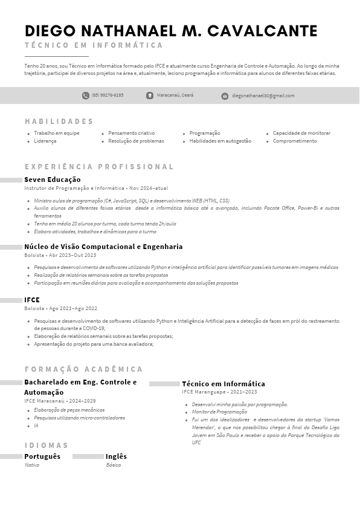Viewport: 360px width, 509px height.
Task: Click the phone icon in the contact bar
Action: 85,96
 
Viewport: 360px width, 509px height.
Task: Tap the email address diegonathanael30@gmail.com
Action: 263,96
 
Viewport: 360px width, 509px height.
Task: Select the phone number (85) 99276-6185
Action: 108,96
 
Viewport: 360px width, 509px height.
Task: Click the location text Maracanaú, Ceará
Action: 175,96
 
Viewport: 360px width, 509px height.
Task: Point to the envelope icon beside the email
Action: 225,96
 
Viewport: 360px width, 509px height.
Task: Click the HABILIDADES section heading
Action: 59,122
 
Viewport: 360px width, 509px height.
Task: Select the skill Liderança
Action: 45,141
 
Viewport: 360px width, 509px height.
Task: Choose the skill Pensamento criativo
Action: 131,133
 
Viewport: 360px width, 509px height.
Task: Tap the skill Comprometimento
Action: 295,141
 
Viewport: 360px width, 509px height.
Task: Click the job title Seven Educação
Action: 52,180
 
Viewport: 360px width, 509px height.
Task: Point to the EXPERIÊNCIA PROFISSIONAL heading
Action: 99,167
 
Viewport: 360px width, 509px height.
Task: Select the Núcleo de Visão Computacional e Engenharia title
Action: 103,247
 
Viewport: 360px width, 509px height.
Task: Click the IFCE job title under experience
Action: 32,300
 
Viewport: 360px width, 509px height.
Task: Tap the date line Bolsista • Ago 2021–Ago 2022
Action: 60,308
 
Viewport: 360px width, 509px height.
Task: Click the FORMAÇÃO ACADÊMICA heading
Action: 84,369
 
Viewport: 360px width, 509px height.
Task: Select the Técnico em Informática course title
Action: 223,384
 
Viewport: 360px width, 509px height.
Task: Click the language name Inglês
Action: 116,456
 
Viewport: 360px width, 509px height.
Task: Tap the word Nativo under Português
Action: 32,465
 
